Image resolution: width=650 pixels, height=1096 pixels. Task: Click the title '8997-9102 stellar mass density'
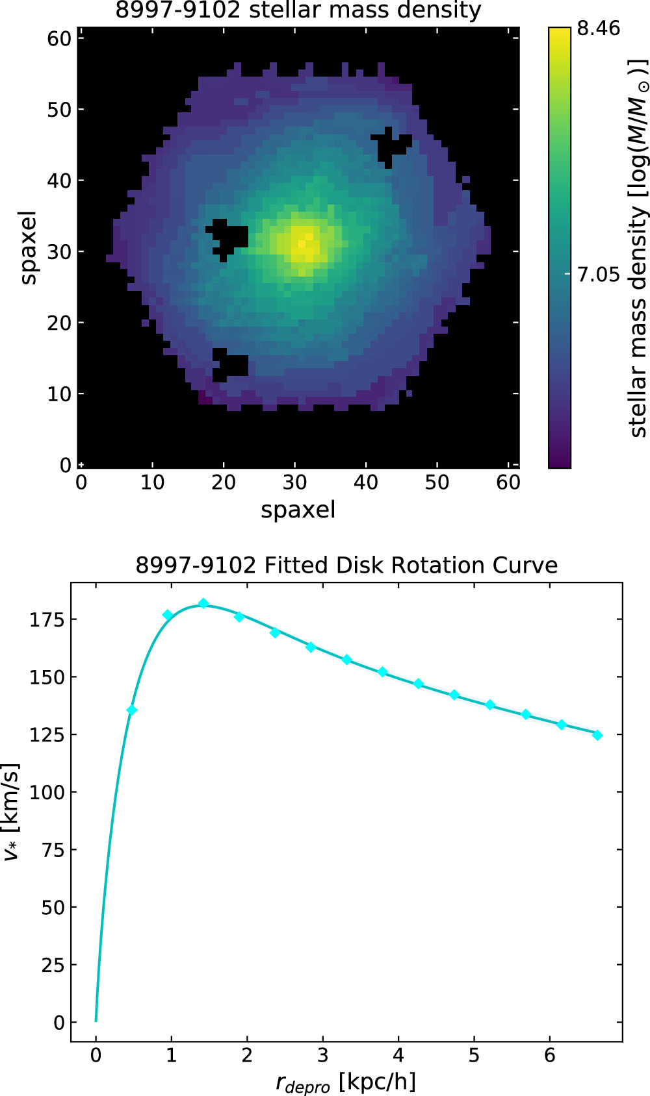(298, 10)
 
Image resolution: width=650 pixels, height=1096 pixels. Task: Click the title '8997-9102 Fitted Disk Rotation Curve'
(346, 566)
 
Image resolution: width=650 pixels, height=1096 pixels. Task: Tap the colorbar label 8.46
(599, 29)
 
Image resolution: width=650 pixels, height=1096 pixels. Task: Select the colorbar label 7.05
(599, 275)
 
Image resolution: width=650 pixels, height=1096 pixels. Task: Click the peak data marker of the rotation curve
(203, 604)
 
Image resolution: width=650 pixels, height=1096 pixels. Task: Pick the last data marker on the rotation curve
(597, 735)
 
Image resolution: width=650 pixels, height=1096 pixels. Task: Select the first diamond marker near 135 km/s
(132, 710)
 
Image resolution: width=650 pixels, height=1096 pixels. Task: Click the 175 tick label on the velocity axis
(47, 620)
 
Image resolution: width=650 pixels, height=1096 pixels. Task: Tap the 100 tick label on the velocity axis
(47, 793)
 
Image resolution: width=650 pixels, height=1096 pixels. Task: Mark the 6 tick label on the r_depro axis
(550, 1056)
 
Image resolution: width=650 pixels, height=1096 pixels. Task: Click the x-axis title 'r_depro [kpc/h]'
(346, 1083)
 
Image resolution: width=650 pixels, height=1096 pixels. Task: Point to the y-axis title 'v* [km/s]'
(11, 812)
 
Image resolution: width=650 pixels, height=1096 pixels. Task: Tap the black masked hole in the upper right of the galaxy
(389, 147)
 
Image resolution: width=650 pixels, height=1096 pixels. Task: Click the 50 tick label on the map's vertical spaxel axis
(58, 110)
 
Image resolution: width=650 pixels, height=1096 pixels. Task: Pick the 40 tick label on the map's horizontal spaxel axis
(366, 482)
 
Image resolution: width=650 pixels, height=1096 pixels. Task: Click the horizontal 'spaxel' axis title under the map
(298, 510)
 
